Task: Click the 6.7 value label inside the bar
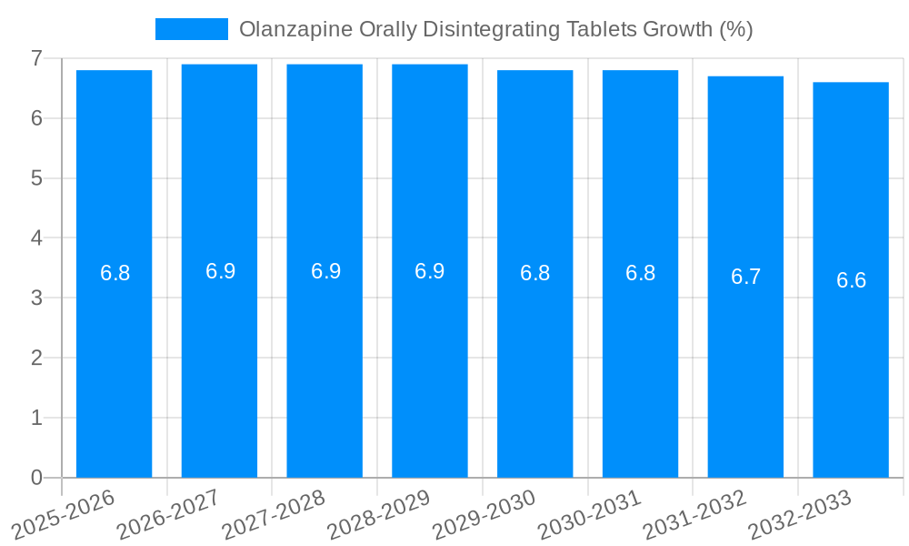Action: pos(745,277)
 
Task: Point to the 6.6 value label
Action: pos(851,280)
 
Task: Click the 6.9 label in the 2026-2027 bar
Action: pos(220,271)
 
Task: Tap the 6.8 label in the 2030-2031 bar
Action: pos(640,273)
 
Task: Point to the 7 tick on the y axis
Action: pos(36,58)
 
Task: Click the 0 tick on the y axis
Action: pos(36,478)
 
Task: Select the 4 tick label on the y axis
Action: pos(36,238)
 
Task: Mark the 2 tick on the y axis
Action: pos(36,358)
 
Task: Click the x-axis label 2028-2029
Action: pos(379,513)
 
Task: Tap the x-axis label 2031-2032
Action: pos(694,513)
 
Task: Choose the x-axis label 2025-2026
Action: pos(64,513)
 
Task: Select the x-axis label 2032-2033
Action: pos(800,513)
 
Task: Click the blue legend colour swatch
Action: pos(192,29)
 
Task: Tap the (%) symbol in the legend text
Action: pos(735,29)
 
